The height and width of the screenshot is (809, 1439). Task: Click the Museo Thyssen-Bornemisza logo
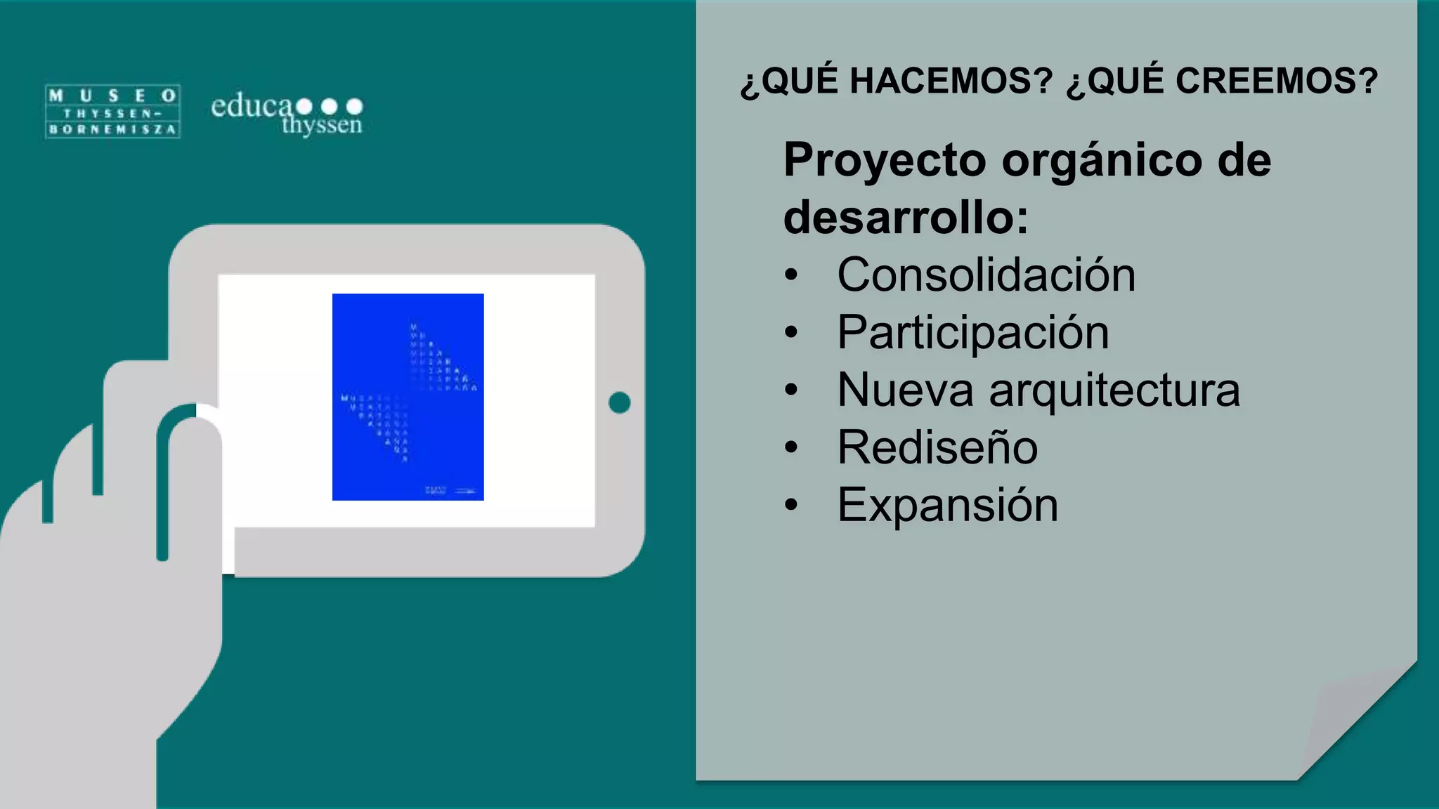(112, 112)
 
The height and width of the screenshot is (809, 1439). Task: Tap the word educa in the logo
(251, 106)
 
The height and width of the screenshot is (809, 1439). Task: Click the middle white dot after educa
(329, 106)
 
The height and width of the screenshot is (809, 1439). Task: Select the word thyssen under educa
(322, 125)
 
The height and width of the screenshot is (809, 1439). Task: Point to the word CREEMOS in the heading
(1276, 81)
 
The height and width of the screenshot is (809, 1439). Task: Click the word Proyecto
(885, 160)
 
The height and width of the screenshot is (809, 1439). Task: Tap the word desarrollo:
(906, 217)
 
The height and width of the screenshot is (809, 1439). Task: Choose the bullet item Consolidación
(986, 275)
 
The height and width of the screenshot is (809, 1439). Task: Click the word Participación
(972, 332)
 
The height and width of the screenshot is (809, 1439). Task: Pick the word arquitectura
(1114, 390)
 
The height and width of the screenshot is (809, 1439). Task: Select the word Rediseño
(937, 447)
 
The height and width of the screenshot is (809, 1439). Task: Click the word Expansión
(947, 505)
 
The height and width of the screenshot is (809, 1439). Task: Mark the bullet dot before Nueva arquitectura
(792, 390)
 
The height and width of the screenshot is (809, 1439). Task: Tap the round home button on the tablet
(619, 402)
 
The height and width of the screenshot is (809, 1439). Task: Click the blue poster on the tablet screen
(408, 397)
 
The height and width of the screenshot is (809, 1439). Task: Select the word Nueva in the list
(904, 390)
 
